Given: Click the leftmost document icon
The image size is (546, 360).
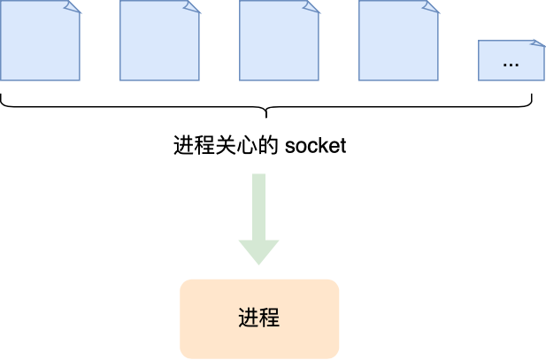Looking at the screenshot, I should (x=40, y=41).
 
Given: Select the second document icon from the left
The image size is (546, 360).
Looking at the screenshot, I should (x=159, y=41).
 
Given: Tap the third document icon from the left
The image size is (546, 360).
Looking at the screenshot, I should (x=279, y=41).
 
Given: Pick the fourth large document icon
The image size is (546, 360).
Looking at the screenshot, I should (x=398, y=41).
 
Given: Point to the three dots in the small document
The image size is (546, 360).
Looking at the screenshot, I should (x=511, y=65).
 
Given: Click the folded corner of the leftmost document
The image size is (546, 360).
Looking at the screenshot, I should (x=73, y=6).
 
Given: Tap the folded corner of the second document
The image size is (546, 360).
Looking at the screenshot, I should (x=193, y=6).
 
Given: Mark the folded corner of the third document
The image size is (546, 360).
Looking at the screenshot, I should (x=312, y=6).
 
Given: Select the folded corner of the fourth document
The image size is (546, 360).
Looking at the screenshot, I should (x=432, y=6).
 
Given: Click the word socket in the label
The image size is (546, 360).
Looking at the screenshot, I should (x=316, y=146).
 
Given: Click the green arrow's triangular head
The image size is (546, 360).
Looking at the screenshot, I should (x=258, y=251).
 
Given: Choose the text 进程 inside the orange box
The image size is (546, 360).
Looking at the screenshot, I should (x=259, y=318).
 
